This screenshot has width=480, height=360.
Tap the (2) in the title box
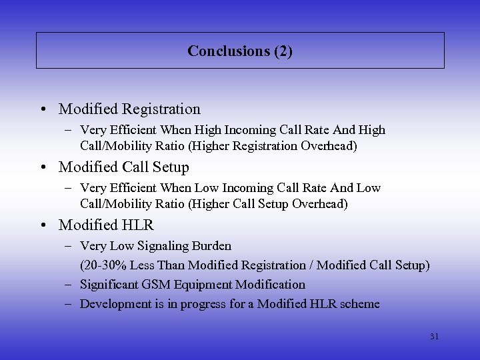coord(283,51)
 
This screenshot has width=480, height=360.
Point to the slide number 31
coord(434,337)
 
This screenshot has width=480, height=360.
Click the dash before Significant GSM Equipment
coord(69,285)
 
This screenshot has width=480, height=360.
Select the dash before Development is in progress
coord(69,304)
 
